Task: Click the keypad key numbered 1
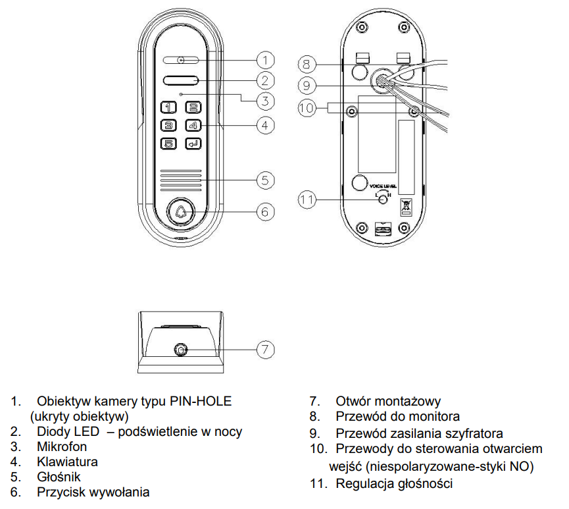coord(168,107)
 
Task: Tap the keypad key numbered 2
coord(193,107)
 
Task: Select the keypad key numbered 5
coord(168,144)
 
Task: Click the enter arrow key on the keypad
coord(193,144)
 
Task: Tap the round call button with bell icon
coord(181,212)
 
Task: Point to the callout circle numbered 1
coord(265,61)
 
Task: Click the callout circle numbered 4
coord(265,125)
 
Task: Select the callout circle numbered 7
coord(265,350)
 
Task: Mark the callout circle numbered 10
coord(307,108)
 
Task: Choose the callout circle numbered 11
coord(307,200)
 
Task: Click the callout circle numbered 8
coord(307,65)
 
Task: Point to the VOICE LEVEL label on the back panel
coord(383,186)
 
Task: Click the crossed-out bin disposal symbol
coord(406,208)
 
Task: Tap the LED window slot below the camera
coord(181,80)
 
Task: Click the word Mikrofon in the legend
coord(62,446)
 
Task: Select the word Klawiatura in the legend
coord(67,462)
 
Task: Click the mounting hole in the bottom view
coord(181,350)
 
